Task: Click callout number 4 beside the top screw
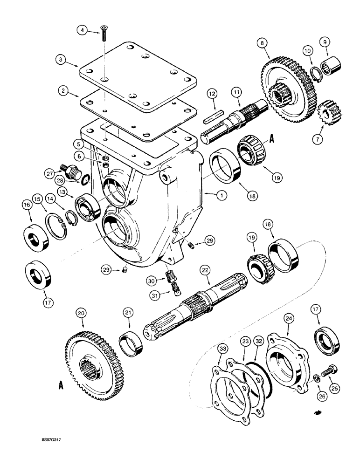(82, 31)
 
